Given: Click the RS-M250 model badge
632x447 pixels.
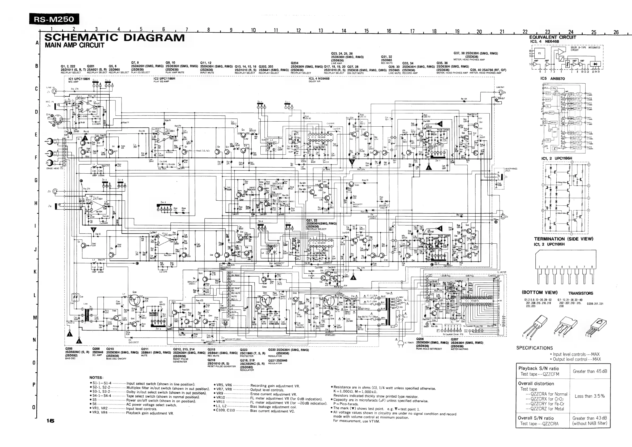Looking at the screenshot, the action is [54, 19].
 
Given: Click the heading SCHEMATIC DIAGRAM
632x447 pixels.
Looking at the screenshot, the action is [114, 38].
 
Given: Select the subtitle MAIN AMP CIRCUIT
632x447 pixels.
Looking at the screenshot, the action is [74, 45].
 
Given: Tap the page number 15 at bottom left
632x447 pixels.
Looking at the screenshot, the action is [50, 421].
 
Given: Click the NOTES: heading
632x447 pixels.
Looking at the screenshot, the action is [96, 378].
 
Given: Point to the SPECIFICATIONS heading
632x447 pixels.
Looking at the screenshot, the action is [534, 348].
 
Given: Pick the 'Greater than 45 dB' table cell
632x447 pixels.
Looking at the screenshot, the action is [590, 371].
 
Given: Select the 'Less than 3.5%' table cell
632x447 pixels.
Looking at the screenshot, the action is [590, 396].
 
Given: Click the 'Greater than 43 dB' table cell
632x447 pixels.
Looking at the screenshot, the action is [590, 420].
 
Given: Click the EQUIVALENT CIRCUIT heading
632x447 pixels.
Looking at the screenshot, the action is [552, 37].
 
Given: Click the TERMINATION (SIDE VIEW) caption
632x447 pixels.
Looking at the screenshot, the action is [564, 239].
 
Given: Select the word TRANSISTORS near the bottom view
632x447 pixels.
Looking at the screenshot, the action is [581, 293].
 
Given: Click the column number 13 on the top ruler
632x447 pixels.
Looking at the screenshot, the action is [321, 31].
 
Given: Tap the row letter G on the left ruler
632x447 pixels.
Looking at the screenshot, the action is [36, 180].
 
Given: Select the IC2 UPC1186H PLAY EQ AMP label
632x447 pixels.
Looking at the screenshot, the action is [164, 80].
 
